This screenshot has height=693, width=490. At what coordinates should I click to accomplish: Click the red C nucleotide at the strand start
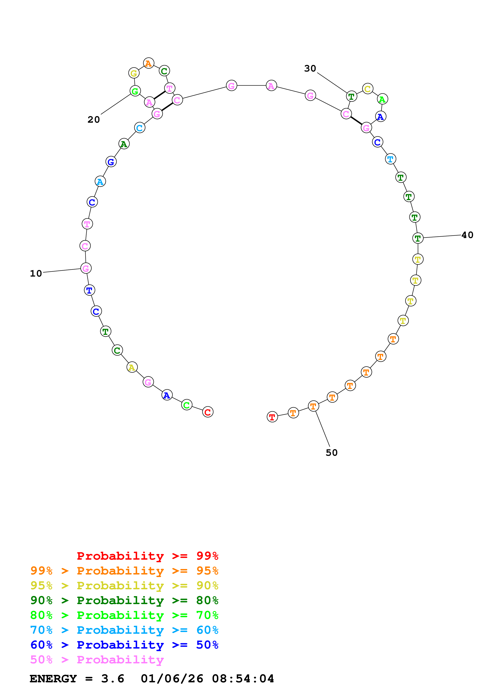208,412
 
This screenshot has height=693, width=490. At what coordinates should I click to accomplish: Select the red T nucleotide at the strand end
272,417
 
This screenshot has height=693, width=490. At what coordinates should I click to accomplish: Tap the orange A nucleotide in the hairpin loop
148,63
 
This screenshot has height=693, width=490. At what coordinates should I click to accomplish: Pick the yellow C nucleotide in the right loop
367,89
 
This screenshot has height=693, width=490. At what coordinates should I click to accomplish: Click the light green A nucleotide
382,99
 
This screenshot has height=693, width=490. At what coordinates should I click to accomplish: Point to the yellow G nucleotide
134,73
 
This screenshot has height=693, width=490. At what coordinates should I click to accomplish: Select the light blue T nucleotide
390,159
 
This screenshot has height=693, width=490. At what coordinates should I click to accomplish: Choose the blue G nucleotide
111,162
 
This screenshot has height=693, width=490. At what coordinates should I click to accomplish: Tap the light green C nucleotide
187,405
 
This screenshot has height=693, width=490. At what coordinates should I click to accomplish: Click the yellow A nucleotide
132,367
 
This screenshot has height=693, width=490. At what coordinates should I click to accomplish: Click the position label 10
36,273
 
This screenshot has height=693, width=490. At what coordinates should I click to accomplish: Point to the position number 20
93,120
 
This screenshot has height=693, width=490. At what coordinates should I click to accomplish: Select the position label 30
310,69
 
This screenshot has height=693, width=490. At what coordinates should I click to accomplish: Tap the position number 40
467,235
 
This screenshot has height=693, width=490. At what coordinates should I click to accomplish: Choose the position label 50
331,452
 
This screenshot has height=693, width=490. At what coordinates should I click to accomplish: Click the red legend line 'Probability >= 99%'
147,556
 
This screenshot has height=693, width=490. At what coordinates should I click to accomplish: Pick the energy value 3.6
113,679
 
